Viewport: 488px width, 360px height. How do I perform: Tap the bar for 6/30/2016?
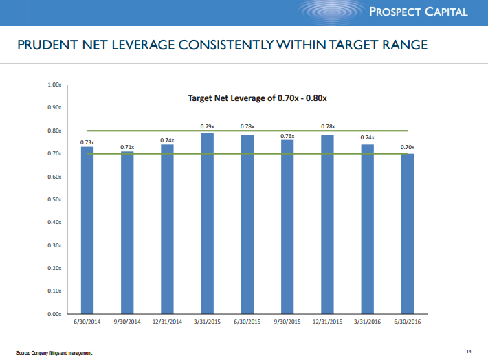point(408,234)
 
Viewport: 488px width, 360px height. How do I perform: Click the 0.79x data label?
point(208,126)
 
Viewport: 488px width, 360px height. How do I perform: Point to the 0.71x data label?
point(127,147)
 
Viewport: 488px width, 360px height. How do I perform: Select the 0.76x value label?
point(287,136)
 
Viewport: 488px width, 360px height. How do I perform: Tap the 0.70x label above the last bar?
point(408,147)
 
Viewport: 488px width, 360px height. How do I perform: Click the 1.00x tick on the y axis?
point(54,85)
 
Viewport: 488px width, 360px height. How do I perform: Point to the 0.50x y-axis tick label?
point(54,199)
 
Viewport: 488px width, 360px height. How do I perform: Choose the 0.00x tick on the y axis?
point(54,314)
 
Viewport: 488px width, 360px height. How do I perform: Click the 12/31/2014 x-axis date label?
point(167,322)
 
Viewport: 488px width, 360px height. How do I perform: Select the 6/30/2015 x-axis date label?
point(247,322)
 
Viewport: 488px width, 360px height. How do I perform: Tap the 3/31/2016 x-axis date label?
point(367,322)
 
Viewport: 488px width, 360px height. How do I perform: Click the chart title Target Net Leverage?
point(257,98)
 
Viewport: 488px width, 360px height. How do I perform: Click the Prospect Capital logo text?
point(428,12)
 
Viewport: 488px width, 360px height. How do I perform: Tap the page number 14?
point(468,352)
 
